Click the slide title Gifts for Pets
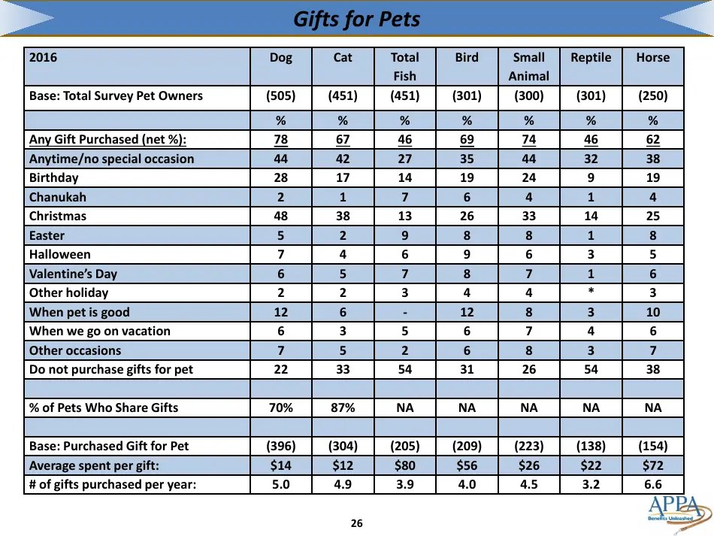pyautogui.click(x=356, y=19)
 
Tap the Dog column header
pyautogui.click(x=280, y=58)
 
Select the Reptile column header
pyautogui.click(x=591, y=58)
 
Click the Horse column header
pyautogui.click(x=652, y=58)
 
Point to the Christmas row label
pyautogui.click(x=58, y=217)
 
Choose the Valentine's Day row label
pyautogui.click(x=73, y=274)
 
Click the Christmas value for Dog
pyautogui.click(x=280, y=217)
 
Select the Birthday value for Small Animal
pyautogui.click(x=528, y=178)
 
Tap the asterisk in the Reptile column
pyautogui.click(x=591, y=293)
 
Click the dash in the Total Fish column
pyautogui.click(x=404, y=312)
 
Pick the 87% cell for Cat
pyautogui.click(x=342, y=407)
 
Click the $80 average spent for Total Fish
pyautogui.click(x=404, y=465)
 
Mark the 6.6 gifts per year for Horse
pyautogui.click(x=652, y=485)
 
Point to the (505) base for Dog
pyautogui.click(x=280, y=96)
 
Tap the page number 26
pyautogui.click(x=356, y=523)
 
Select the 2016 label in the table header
pyautogui.click(x=43, y=58)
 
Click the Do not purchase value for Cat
pyautogui.click(x=342, y=369)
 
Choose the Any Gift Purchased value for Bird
pyautogui.click(x=466, y=140)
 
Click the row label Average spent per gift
pyautogui.click(x=94, y=465)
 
